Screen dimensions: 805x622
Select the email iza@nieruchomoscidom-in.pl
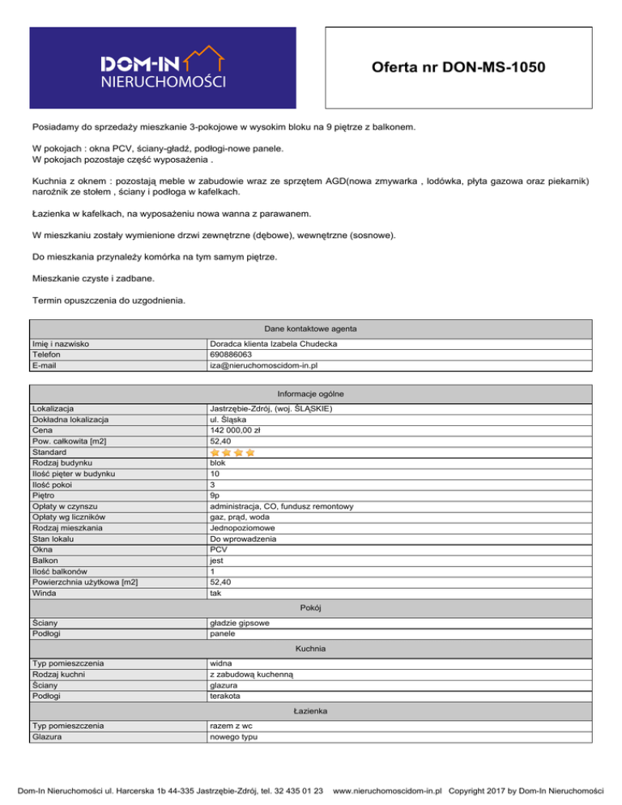(x=263, y=365)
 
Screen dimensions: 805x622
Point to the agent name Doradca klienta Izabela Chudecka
(x=274, y=344)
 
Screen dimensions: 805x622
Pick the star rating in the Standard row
(x=232, y=452)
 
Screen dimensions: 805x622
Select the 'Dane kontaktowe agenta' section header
(x=312, y=329)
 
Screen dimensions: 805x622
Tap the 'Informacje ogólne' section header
(x=312, y=394)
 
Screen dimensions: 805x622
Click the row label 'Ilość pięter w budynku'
(x=79, y=473)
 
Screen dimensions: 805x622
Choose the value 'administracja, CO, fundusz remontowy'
(x=280, y=505)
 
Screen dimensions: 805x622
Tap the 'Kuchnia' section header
(x=312, y=649)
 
